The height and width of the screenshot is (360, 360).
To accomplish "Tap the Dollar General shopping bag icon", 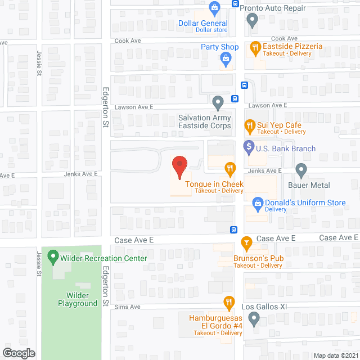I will tap(214, 7).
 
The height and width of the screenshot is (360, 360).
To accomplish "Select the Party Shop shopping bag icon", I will tap(226, 57).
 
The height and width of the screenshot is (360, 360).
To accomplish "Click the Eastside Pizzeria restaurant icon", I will tap(255, 48).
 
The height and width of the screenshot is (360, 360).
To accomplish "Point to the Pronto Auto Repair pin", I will tap(253, 20).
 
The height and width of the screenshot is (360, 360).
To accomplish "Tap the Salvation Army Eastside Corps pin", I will tap(218, 102).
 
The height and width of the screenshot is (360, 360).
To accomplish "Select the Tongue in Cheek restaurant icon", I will tap(229, 168).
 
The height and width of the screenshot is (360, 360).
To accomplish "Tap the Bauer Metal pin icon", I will tap(301, 169).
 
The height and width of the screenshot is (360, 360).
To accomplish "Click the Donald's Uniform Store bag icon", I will tap(257, 201).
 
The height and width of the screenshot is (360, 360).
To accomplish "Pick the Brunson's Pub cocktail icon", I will tap(246, 242).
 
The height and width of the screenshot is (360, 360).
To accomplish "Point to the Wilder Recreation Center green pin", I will tap(53, 258).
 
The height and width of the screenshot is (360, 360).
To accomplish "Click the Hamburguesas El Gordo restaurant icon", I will tap(228, 303).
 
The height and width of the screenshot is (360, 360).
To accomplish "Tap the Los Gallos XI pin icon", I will tap(254, 319).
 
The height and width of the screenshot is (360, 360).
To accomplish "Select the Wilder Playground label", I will tap(78, 299).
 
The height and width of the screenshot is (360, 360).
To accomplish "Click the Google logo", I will tap(18, 353).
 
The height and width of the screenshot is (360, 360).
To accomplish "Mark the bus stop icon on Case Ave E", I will tap(233, 229).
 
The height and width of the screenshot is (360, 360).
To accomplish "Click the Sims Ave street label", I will tap(127, 307).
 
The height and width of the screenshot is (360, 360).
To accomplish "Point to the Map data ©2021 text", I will tap(336, 355).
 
